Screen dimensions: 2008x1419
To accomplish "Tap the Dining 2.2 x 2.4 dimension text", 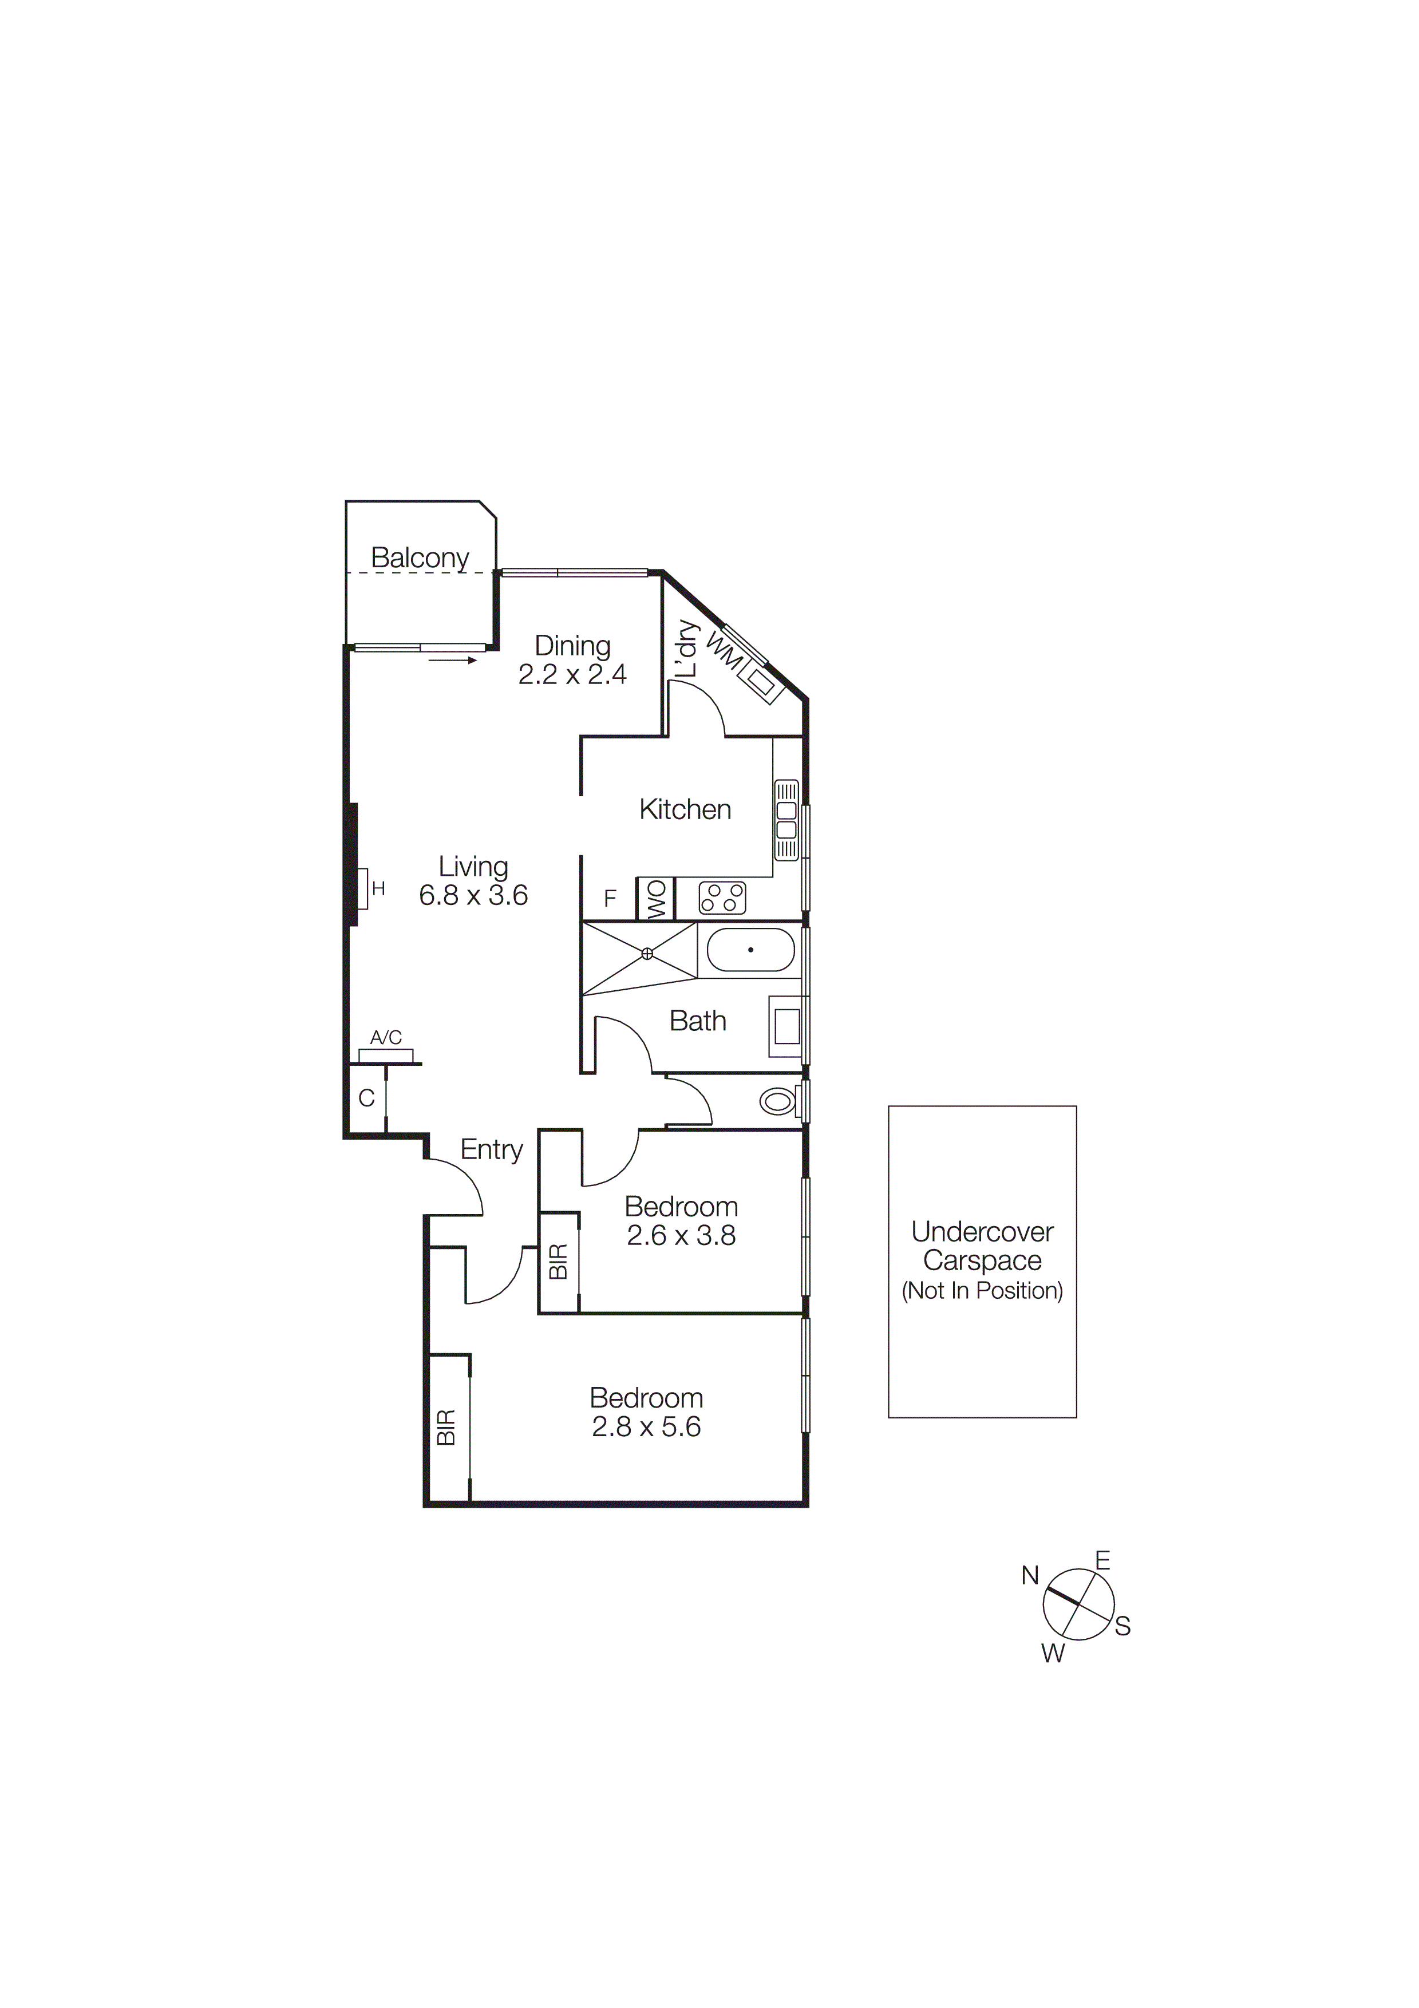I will click(x=572, y=674).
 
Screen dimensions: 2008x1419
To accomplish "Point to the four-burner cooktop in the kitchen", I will click(x=722, y=898).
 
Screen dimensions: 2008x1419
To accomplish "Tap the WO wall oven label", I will click(x=657, y=899).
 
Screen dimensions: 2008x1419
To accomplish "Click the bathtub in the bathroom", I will click(x=750, y=950).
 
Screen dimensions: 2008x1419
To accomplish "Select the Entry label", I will click(x=491, y=1149).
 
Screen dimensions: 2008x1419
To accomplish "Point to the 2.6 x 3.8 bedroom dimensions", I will click(x=681, y=1236).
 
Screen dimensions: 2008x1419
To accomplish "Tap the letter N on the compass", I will click(x=1030, y=1576).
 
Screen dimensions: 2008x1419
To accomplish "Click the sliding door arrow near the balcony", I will click(x=453, y=661).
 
